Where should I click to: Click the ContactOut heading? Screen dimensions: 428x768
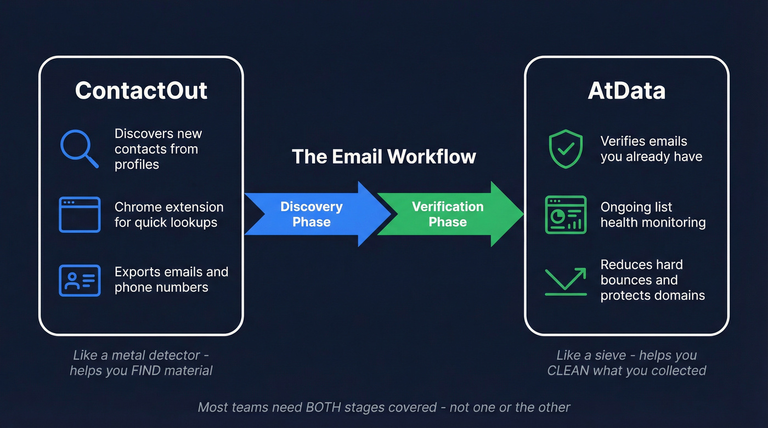(x=141, y=90)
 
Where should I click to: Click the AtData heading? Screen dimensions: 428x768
(x=626, y=90)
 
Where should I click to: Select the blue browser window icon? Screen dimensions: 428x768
(x=80, y=214)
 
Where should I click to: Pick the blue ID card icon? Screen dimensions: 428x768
(x=80, y=280)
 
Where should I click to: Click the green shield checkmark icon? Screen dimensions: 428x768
(x=566, y=149)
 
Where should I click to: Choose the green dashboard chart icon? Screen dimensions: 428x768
(x=566, y=214)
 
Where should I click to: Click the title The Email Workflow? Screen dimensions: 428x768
(x=383, y=157)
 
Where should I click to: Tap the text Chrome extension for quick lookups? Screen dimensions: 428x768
(x=168, y=215)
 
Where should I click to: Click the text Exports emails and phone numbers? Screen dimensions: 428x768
(x=171, y=279)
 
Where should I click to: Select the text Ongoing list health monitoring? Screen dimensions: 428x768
(x=652, y=215)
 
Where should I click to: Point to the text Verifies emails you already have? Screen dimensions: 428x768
(x=651, y=149)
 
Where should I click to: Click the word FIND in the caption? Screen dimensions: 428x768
(x=146, y=370)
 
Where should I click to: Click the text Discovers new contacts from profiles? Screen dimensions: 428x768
(x=157, y=149)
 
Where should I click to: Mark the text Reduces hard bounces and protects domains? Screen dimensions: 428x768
(x=652, y=280)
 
